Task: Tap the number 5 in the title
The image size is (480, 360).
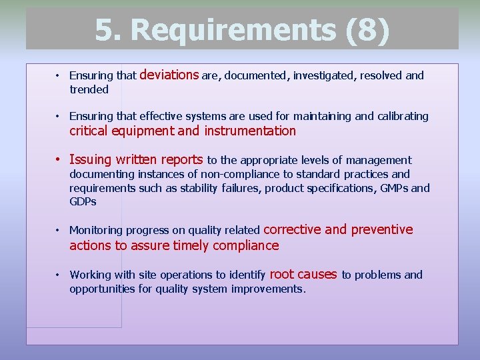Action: pyautogui.click(x=105, y=30)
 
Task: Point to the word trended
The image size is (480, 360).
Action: pyautogui.click(x=89, y=89)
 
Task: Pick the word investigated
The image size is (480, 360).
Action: pyautogui.click(x=323, y=76)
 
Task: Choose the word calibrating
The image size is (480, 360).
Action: pyautogui.click(x=403, y=116)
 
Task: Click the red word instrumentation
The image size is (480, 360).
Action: pyautogui.click(x=250, y=131)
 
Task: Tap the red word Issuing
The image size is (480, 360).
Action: pyautogui.click(x=90, y=160)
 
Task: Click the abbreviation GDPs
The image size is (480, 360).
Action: pyautogui.click(x=83, y=201)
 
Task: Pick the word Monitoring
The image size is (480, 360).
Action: pyautogui.click(x=96, y=231)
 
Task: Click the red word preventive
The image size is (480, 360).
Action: pyautogui.click(x=382, y=229)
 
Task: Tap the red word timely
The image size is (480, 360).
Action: pyautogui.click(x=192, y=245)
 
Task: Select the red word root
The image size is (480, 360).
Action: pyautogui.click(x=281, y=274)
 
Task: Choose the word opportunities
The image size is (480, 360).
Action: pyautogui.click(x=105, y=289)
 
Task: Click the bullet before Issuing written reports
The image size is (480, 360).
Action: pyautogui.click(x=59, y=160)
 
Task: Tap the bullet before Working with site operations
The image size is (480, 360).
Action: pyautogui.click(x=59, y=275)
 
